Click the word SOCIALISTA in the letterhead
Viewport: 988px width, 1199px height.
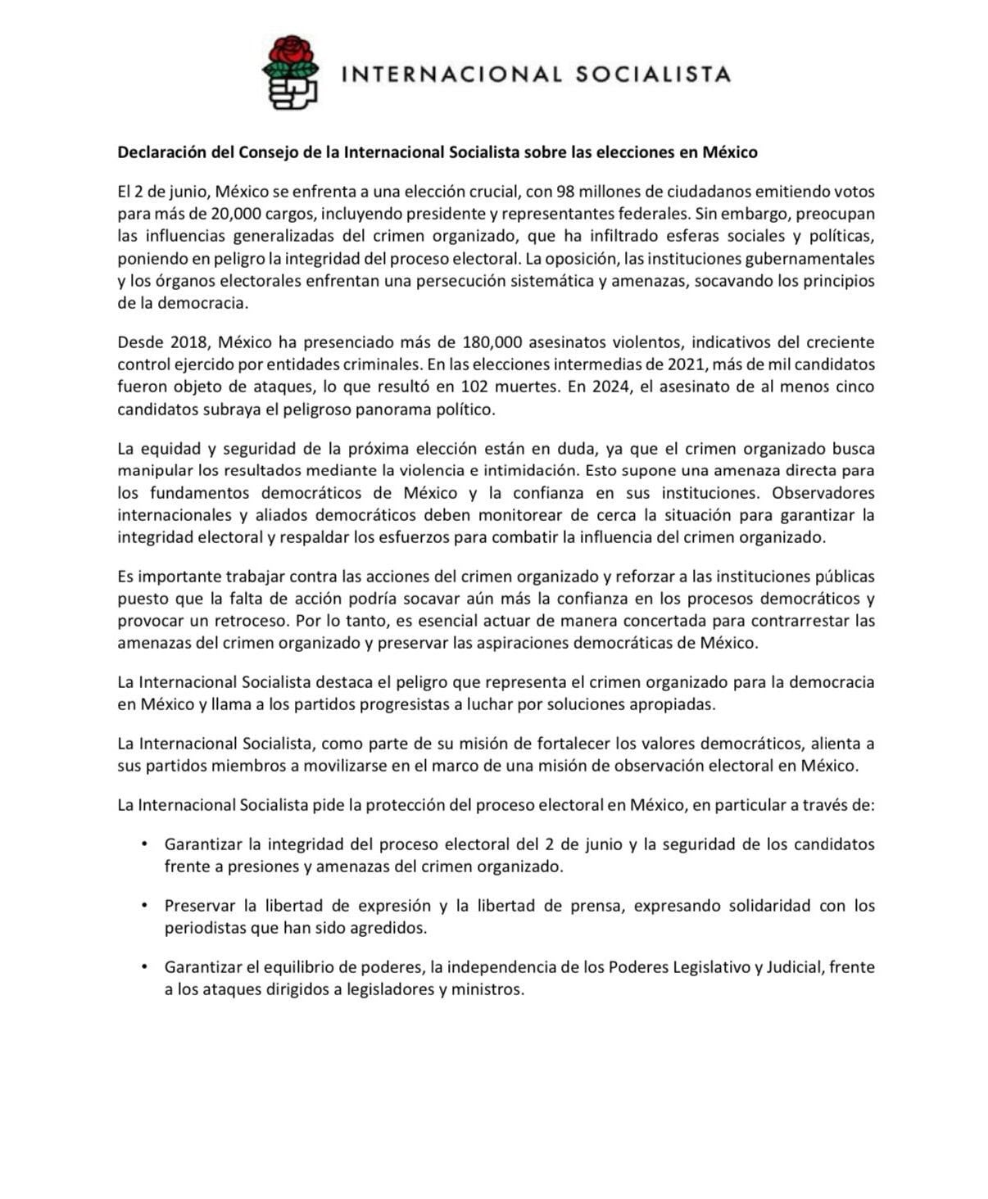[x=653, y=75]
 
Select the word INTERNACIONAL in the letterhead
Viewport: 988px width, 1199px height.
[x=451, y=75]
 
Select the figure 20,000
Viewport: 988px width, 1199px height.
[x=238, y=214]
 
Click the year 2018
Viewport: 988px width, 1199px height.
[x=190, y=342]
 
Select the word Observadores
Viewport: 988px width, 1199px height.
[x=823, y=493]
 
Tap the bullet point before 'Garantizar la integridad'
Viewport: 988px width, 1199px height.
[x=145, y=843]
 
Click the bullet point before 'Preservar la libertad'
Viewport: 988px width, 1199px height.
[x=145, y=904]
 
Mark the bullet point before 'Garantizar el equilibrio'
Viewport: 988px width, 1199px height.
[x=145, y=966]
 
